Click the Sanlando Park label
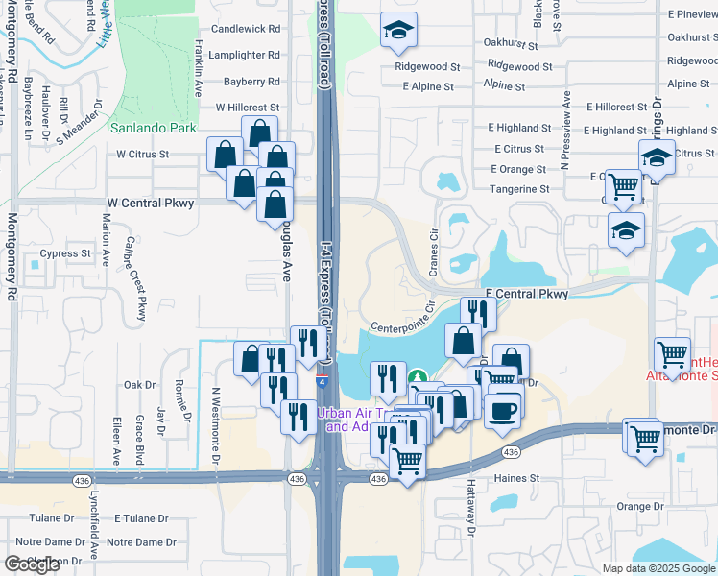[153, 128]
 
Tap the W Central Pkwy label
[150, 203]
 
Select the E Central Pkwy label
[526, 294]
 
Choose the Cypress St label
[64, 255]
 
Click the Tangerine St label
[519, 189]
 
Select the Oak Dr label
[139, 385]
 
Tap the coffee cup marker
[503, 410]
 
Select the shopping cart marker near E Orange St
[624, 186]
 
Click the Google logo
[32, 564]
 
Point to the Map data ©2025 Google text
[658, 568]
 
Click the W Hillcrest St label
[248, 108]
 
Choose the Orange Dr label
[639, 506]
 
